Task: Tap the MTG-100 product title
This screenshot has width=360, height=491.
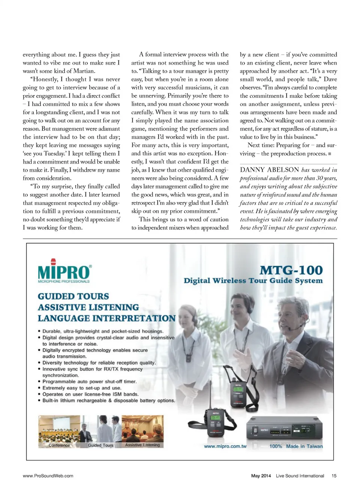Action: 291,270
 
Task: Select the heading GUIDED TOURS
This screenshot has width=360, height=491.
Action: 73,296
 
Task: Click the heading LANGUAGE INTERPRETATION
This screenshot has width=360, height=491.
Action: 106,318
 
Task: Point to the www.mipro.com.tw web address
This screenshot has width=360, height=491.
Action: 225,446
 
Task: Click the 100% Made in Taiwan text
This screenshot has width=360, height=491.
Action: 296,446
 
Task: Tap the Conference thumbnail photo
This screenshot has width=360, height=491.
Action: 59,431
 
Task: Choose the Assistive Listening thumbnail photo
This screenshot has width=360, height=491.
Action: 142,431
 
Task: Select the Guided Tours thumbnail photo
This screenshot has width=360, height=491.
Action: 100,431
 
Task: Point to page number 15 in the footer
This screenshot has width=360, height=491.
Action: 334,476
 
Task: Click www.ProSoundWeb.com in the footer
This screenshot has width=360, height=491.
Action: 48,476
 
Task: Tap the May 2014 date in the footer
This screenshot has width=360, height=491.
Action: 261,476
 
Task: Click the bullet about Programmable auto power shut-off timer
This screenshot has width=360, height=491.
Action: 89,382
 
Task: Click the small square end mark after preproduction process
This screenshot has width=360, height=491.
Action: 329,154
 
